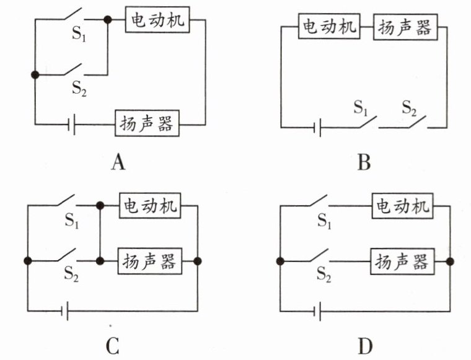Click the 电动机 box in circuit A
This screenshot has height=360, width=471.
pos(157,19)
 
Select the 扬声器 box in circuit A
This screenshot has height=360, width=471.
pos(147,123)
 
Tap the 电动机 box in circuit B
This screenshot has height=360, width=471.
pos(329,26)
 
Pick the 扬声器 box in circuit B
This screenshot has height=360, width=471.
pos(405,27)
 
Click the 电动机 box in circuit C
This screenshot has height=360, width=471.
pos(150,206)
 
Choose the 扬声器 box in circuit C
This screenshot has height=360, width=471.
pos(149,261)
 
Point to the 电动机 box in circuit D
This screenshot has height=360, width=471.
pos(402,206)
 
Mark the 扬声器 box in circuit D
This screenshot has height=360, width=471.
pos(402,261)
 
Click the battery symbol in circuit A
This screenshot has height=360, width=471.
pos(71,124)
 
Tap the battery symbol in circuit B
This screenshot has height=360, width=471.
pos(317,128)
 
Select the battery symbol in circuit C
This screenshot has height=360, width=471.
pos(64,311)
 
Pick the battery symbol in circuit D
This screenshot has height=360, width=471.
pos(317,311)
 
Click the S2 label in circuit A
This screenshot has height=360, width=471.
pos(79,88)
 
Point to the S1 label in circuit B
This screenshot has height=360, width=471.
pos(361,107)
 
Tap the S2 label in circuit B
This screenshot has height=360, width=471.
pos(409,107)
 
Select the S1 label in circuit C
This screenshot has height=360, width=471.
pos(72,221)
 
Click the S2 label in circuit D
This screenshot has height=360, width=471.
pos(324,274)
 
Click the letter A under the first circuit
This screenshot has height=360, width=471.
pos(118,163)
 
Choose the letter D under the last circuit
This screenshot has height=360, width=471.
pos(365,346)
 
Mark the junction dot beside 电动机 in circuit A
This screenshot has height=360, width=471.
pos(108,20)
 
